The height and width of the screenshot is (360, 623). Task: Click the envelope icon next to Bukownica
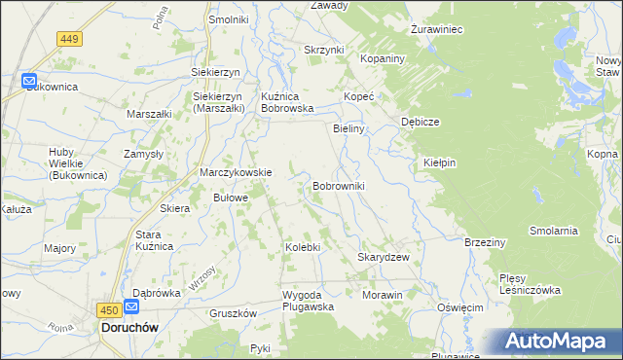(29, 82)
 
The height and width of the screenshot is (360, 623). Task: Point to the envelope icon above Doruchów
(131, 307)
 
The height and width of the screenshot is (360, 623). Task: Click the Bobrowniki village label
(338, 185)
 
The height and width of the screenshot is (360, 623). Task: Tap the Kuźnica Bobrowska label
(287, 102)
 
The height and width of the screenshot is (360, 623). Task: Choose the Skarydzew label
(383, 257)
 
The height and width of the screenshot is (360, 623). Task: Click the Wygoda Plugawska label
(308, 300)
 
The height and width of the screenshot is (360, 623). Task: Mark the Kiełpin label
(440, 162)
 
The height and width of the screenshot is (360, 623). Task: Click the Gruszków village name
(233, 313)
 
